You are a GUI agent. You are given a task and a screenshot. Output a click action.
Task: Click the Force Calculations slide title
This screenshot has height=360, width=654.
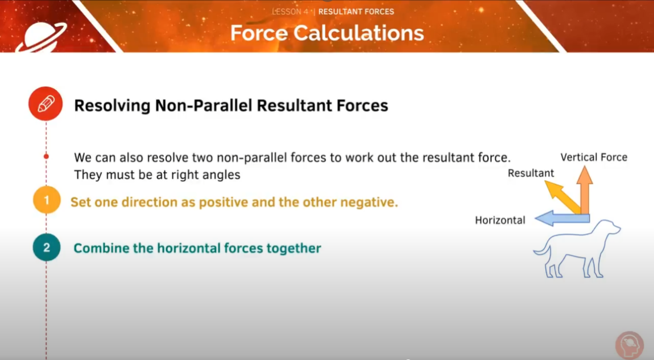(x=327, y=33)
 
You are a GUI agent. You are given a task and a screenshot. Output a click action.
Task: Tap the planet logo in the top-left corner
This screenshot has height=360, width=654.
(x=41, y=36)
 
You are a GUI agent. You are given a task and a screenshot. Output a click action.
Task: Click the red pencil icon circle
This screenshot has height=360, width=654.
(x=45, y=104)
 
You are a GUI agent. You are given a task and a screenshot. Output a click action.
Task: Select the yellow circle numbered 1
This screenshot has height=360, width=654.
(x=46, y=200)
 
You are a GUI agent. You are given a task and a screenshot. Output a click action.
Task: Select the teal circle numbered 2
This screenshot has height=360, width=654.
(x=46, y=248)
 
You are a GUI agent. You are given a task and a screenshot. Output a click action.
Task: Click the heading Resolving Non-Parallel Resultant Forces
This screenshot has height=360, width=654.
(x=231, y=106)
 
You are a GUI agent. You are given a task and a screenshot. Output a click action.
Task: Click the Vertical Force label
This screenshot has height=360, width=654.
(x=594, y=157)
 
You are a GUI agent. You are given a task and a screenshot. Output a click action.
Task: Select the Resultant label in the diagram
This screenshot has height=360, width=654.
(x=530, y=173)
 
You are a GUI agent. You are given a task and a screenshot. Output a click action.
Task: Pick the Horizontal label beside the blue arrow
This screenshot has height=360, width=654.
(x=500, y=220)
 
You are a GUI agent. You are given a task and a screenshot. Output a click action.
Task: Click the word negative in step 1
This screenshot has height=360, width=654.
(x=371, y=202)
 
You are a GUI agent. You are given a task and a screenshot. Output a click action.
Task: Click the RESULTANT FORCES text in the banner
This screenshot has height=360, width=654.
(x=356, y=11)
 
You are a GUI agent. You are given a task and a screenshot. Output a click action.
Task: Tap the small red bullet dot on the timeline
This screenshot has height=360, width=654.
(x=46, y=156)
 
